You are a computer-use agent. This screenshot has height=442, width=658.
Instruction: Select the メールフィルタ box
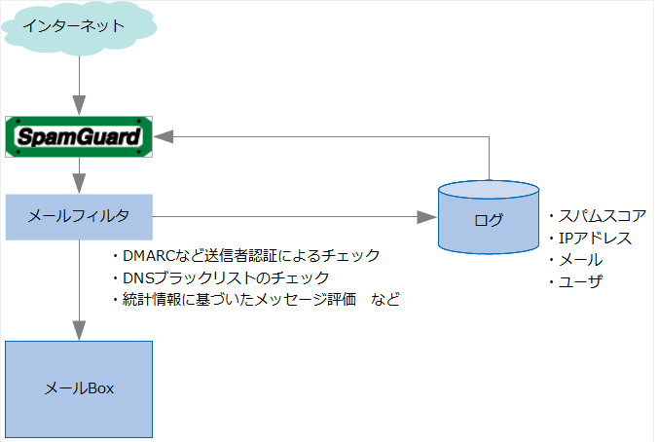pyautogui.click(x=79, y=217)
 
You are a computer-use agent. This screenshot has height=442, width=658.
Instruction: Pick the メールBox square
pyautogui.click(x=79, y=388)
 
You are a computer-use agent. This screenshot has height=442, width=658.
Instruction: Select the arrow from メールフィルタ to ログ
pyautogui.click(x=292, y=217)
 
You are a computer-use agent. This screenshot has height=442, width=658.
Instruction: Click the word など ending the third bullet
pyautogui.click(x=385, y=300)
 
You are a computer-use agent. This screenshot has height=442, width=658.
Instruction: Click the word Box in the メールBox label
pyautogui.click(x=100, y=388)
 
